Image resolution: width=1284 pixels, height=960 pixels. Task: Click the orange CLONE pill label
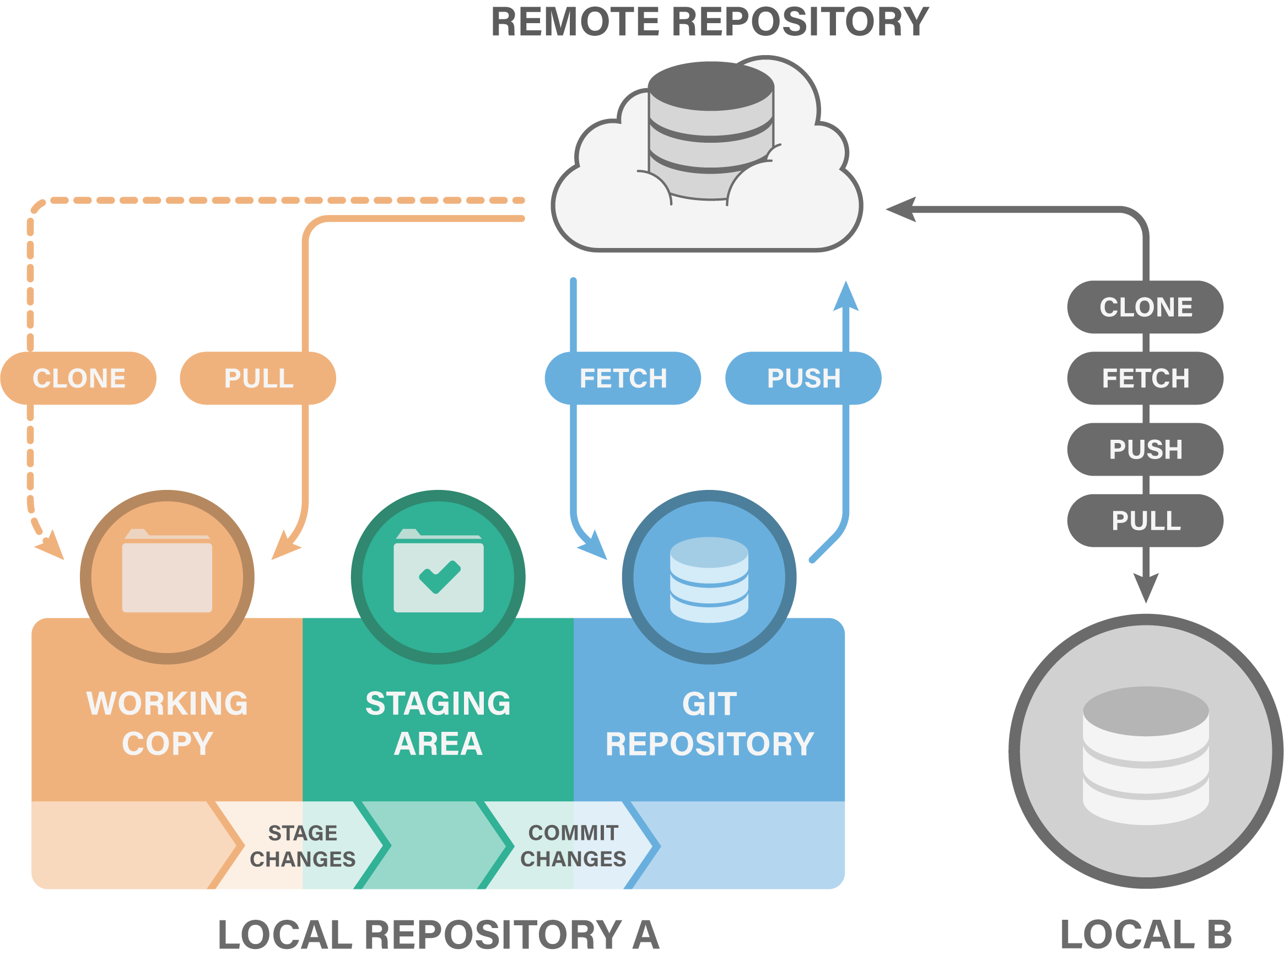click(x=78, y=378)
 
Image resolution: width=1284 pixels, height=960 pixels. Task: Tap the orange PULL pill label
click(x=258, y=378)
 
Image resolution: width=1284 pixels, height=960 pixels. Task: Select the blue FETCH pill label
click(x=623, y=378)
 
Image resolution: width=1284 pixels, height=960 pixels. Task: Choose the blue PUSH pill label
click(x=803, y=378)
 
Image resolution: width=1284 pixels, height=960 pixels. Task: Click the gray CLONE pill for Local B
click(x=1145, y=307)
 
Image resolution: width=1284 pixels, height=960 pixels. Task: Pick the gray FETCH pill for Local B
click(x=1145, y=378)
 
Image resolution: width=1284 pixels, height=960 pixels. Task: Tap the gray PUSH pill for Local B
click(x=1145, y=449)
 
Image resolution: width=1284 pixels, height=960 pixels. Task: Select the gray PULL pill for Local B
click(x=1145, y=521)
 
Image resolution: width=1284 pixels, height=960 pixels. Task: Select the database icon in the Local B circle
click(x=1146, y=755)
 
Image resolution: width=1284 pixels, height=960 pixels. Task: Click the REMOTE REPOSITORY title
click(x=710, y=22)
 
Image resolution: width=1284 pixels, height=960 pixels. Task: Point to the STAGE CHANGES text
click(x=303, y=846)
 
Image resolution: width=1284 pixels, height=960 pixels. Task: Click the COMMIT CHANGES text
click(x=573, y=846)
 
